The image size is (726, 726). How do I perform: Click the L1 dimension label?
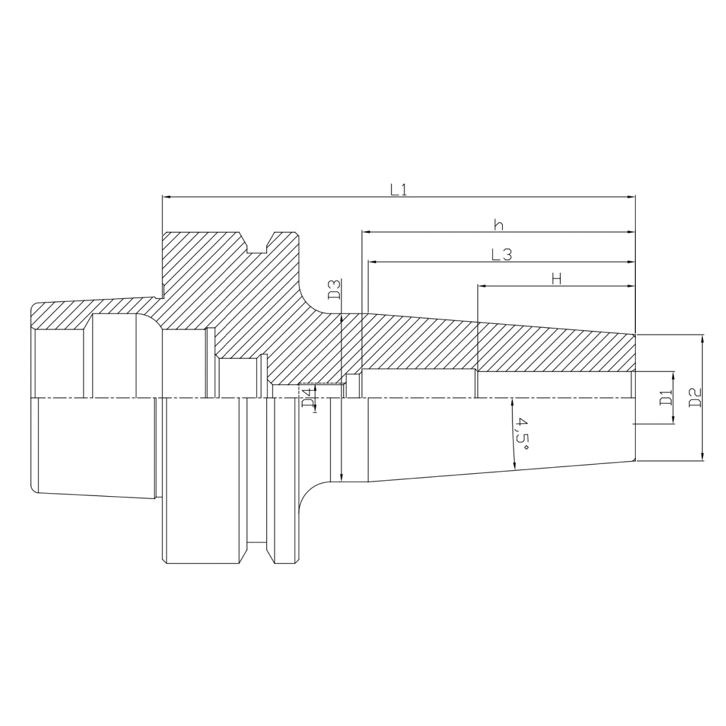[398, 189]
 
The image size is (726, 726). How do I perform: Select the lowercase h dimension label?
[499, 225]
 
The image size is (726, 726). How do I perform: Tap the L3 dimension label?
[502, 255]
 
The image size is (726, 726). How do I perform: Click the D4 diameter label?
[308, 396]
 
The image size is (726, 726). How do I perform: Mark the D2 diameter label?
[695, 397]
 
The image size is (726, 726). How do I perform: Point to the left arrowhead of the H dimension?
[482, 286]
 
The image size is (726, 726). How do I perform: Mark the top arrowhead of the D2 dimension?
[702, 339]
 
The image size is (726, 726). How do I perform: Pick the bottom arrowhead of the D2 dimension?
[702, 457]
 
